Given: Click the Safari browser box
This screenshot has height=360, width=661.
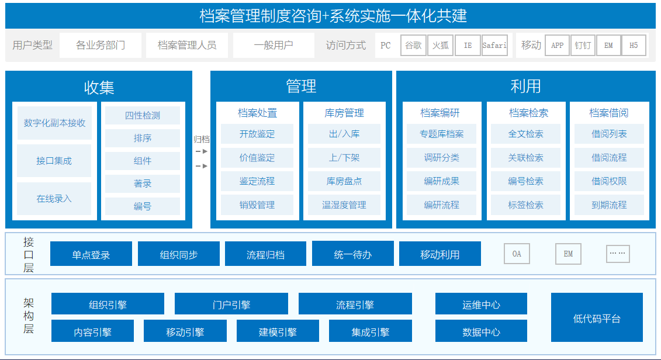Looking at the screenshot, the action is click(494, 46).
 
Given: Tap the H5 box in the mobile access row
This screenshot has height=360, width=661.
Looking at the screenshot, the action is click(633, 46).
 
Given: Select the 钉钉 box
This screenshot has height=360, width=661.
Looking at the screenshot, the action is click(583, 46).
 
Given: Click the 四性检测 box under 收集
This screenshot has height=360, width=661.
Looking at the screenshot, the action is click(143, 116).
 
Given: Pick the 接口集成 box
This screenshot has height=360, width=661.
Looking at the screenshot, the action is click(54, 161).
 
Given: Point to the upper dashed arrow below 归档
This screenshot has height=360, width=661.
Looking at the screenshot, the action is click(202, 151).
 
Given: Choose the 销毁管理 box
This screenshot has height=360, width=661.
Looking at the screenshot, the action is click(257, 205).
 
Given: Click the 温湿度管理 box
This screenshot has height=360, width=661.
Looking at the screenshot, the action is click(344, 205).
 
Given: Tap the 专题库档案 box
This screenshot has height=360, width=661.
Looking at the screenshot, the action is click(441, 134).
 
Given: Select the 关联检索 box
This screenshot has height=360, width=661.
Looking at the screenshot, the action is click(525, 158).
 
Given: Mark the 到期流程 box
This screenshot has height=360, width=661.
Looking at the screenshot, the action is click(609, 205).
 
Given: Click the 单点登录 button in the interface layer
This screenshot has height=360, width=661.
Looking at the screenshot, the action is click(91, 254).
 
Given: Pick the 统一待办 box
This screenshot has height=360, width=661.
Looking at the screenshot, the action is click(353, 254).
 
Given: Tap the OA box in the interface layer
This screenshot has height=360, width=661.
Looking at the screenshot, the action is click(517, 254).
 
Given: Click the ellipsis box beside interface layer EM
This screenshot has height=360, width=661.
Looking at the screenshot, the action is click(618, 254).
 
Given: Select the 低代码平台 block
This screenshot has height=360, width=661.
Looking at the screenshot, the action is click(597, 317).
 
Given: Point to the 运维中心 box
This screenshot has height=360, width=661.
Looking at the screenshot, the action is click(481, 304).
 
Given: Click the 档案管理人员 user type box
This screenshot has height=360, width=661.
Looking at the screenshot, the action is click(187, 45).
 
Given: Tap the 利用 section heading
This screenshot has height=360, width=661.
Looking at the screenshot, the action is click(525, 86).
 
